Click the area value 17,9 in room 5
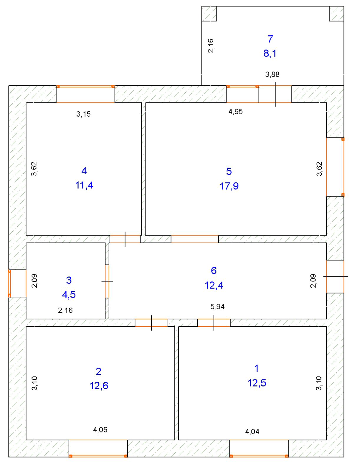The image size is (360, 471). click(229, 186)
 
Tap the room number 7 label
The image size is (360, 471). click(270, 39)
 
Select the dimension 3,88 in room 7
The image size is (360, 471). click(273, 74)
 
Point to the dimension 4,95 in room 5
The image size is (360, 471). click(235, 112)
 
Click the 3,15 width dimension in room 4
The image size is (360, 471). click(83, 114)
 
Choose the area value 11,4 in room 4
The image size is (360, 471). click(84, 185)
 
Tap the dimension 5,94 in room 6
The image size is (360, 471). click(217, 307)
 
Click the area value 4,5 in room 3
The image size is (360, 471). click(69, 295)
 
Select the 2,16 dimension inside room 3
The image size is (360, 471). click(65, 310)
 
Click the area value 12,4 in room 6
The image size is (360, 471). click(214, 285)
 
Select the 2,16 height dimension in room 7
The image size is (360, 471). click(211, 46)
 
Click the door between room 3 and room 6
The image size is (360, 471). click(107, 281)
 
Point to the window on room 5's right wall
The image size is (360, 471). click(335, 167)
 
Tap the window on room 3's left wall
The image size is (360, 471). click(17, 283)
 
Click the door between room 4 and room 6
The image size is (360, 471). click(125, 239)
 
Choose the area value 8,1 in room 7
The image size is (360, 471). click(270, 53)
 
